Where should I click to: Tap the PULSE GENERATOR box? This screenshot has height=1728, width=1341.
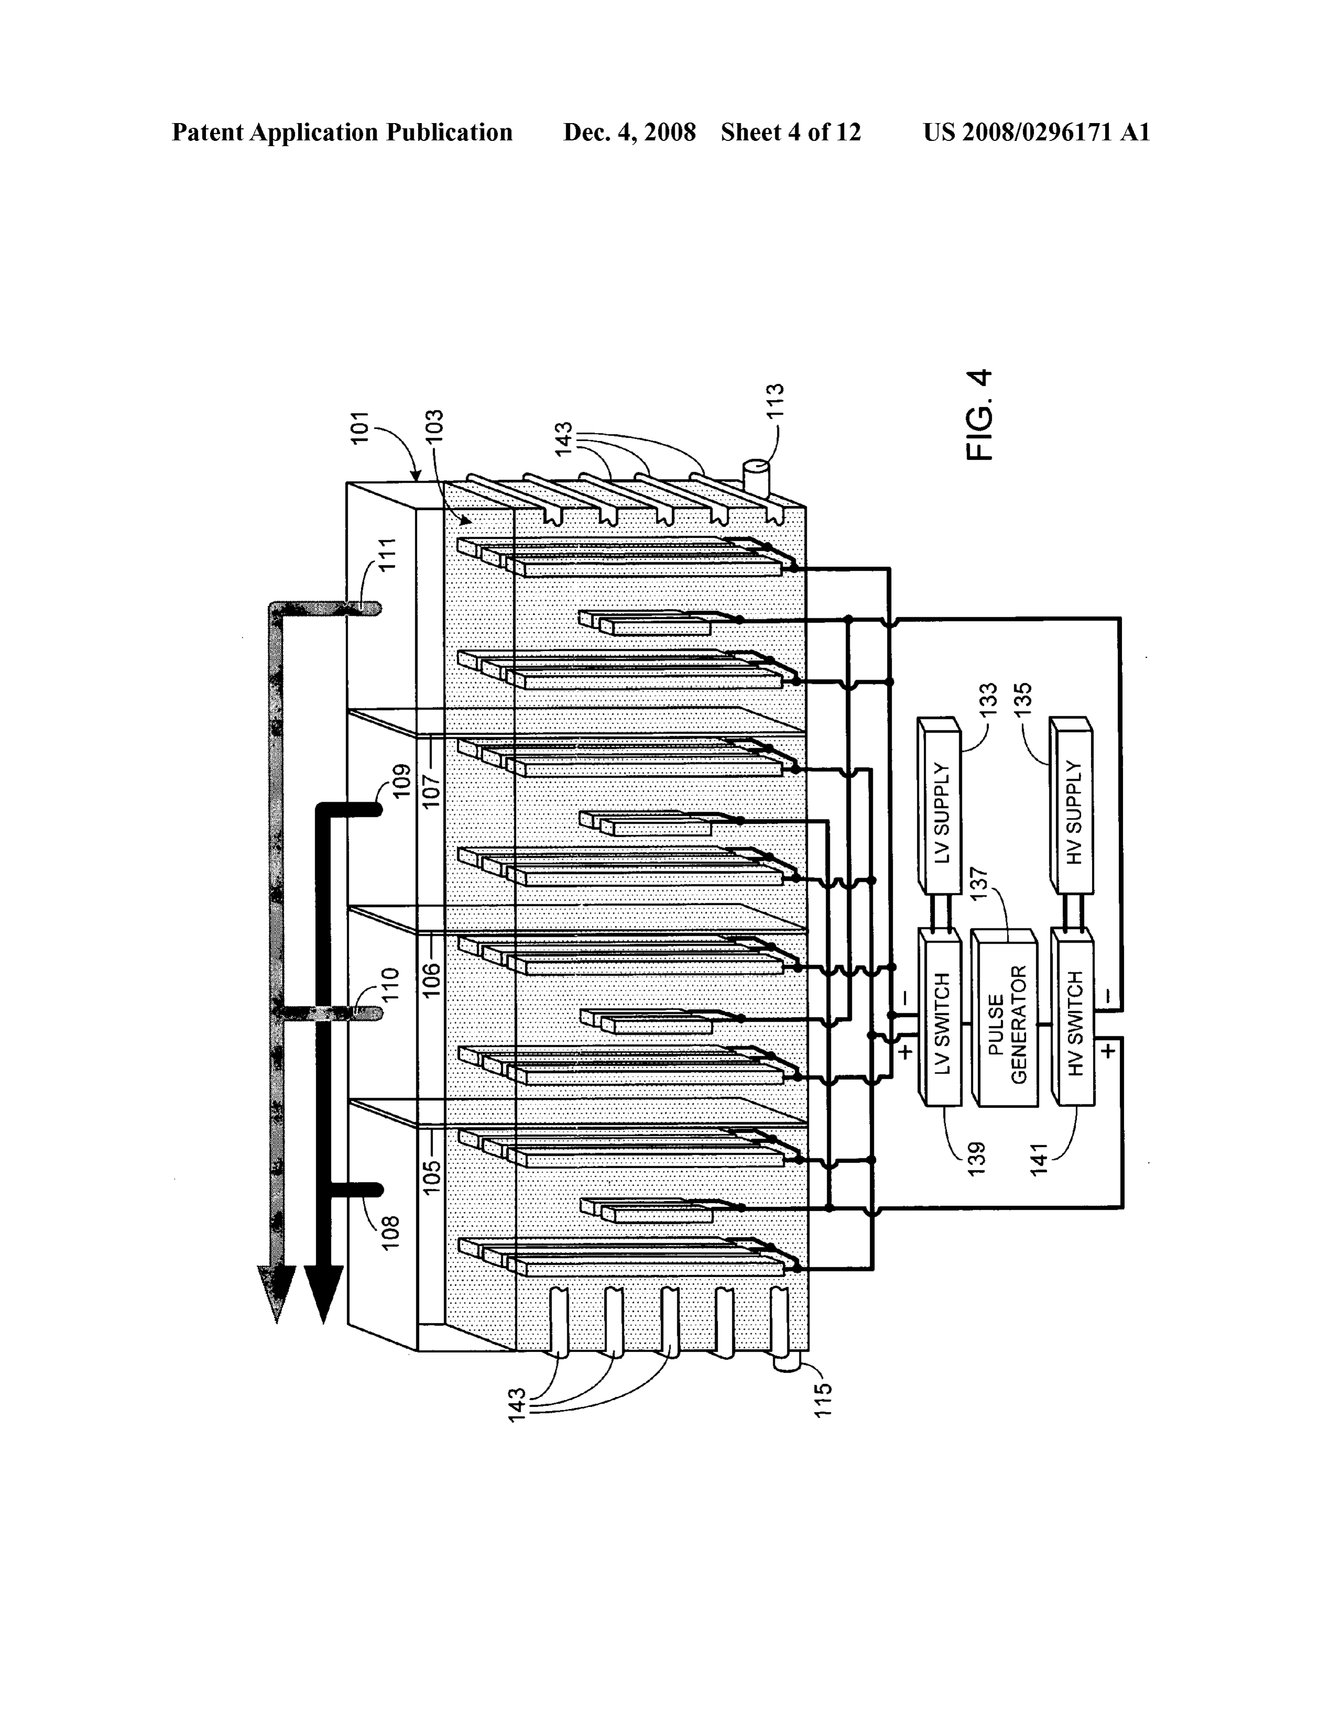1005,1017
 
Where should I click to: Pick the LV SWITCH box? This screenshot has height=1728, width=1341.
939,1017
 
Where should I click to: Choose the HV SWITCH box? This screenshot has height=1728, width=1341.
1072,1017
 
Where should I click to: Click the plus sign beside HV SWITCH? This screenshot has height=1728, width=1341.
1109,1050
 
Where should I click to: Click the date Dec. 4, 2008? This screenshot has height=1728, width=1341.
629,132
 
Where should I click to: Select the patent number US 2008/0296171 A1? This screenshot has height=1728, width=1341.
1036,132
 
